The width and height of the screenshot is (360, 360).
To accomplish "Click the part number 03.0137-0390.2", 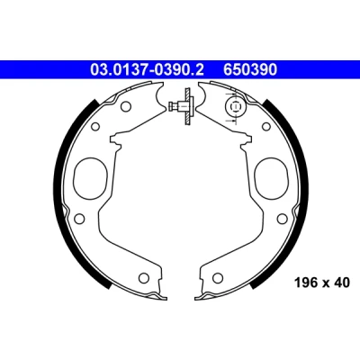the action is (147, 69).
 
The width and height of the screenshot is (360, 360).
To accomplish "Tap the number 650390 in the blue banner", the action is (250, 69).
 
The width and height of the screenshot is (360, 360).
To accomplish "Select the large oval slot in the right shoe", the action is (272, 178).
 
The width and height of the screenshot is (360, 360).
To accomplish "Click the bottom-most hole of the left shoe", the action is (145, 277).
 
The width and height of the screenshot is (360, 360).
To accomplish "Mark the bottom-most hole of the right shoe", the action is (217, 277).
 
